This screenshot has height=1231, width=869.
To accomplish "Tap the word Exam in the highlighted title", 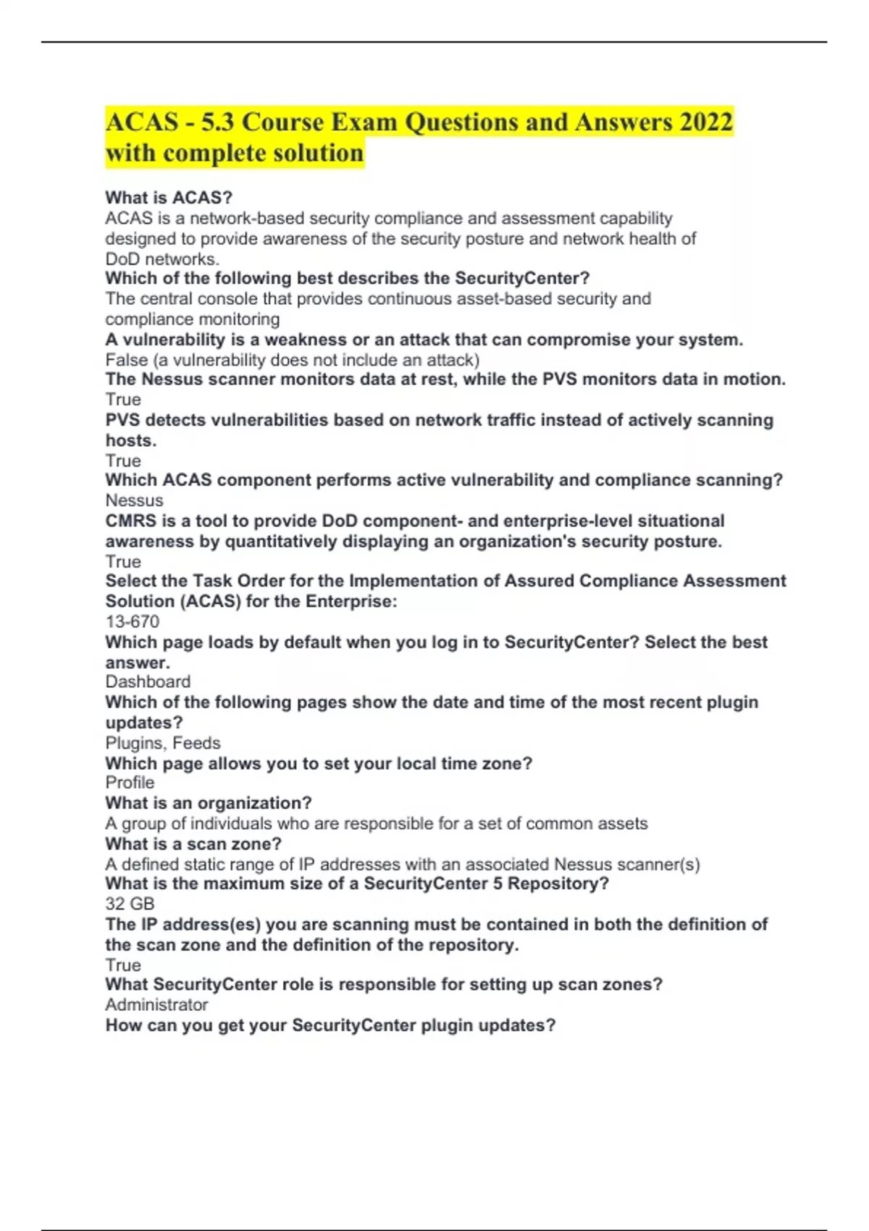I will pyautogui.click(x=364, y=122).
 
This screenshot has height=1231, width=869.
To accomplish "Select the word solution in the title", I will pyautogui.click(x=318, y=154).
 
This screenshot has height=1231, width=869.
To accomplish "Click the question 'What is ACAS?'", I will pyautogui.click(x=169, y=198).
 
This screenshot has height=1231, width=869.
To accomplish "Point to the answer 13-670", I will pyautogui.click(x=132, y=621).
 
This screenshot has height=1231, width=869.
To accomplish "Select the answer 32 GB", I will pyautogui.click(x=130, y=904).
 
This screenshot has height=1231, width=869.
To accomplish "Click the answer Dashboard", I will pyautogui.click(x=148, y=681).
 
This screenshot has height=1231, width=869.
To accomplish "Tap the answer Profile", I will pyautogui.click(x=130, y=783).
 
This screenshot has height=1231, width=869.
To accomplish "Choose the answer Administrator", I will pyautogui.click(x=156, y=1004).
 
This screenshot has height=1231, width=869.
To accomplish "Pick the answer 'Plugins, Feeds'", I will pyautogui.click(x=163, y=743).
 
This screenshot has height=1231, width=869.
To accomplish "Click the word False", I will pyautogui.click(x=126, y=360).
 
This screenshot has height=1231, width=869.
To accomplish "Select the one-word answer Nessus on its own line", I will pyautogui.click(x=134, y=500).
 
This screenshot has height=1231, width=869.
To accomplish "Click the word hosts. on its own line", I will pyautogui.click(x=131, y=440).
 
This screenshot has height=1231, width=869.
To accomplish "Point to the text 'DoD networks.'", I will pyautogui.click(x=162, y=259).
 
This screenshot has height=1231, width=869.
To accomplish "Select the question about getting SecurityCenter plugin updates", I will pyautogui.click(x=330, y=1025).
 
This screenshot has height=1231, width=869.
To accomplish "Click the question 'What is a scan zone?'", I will pyautogui.click(x=193, y=844).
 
